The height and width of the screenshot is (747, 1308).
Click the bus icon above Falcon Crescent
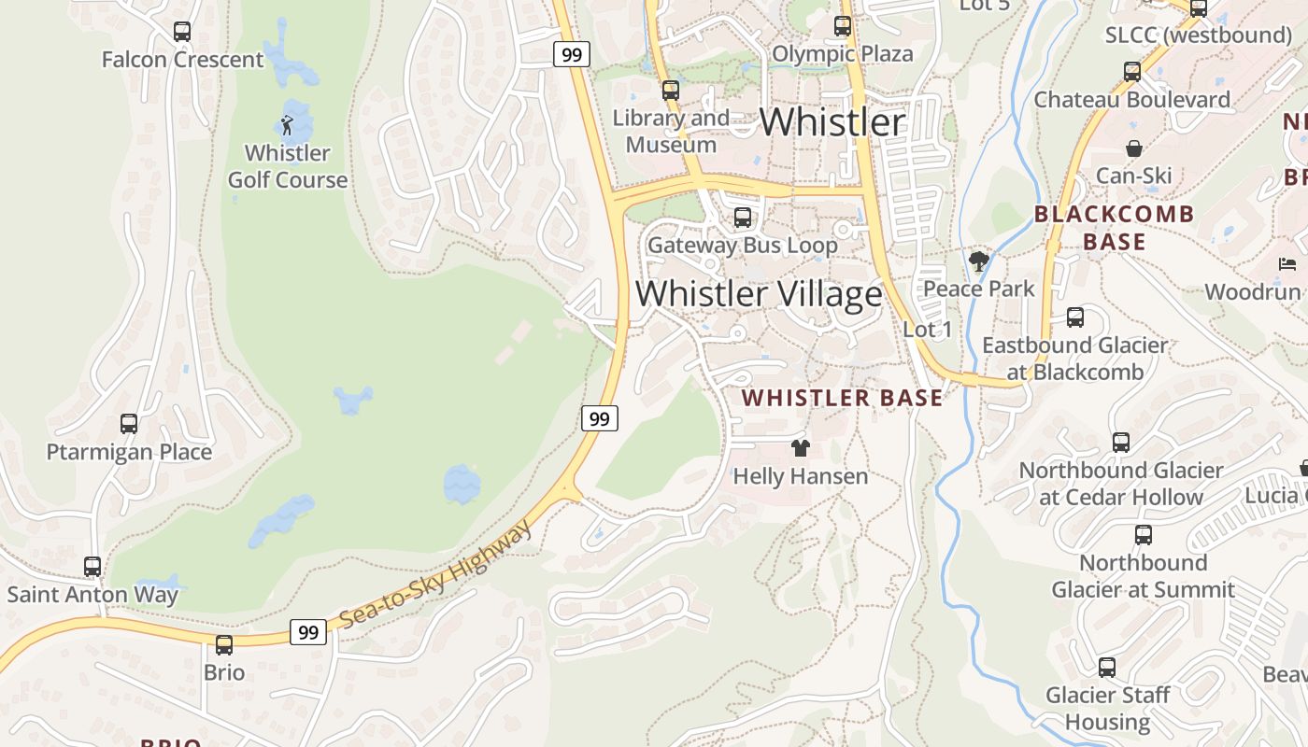182,32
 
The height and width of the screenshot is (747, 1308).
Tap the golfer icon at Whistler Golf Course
287,124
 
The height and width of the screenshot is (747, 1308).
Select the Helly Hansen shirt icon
800,448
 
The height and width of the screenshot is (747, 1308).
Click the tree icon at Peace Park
978,261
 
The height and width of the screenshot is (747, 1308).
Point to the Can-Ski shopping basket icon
1133,148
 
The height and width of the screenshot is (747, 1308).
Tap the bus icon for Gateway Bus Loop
743,218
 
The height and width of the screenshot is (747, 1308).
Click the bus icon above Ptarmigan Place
129,424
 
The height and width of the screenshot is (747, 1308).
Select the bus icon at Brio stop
224,645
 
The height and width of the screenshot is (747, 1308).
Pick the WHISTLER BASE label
842,398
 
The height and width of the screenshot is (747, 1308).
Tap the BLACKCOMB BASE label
1114,228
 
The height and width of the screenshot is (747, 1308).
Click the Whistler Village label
759,293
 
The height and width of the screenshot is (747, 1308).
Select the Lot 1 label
927,329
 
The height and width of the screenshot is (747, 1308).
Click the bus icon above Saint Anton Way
92,567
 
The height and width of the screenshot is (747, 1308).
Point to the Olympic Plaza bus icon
843,26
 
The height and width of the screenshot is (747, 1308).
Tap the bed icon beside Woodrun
1287,264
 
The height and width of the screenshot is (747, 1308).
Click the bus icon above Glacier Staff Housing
1107,668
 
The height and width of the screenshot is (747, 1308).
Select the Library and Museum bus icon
670,91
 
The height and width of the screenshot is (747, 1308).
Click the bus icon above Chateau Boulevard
1131,72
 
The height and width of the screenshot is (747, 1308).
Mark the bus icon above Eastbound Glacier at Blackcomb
1075,317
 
